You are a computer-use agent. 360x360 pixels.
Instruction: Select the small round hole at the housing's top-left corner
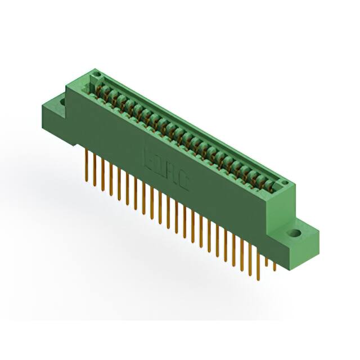click(x=96, y=74)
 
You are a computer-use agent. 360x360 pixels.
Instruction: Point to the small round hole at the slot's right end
click(x=284, y=183)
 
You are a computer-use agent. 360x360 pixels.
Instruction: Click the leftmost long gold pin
click(x=87, y=163)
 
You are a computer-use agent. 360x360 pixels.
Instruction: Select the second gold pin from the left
click(x=94, y=169)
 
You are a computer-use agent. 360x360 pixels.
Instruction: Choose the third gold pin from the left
click(x=103, y=173)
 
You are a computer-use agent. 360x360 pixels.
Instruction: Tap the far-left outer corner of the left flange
click(x=42, y=105)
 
